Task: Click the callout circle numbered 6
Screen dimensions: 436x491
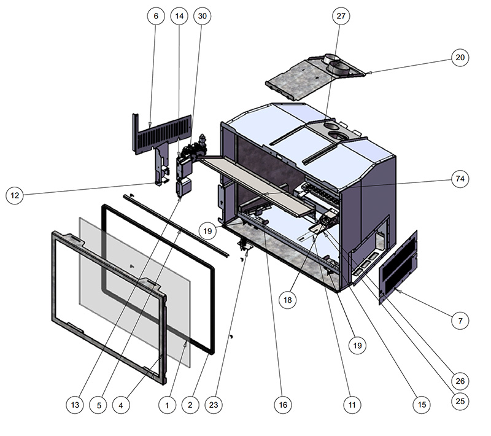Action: [157, 17]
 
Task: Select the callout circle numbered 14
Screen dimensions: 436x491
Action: [179, 17]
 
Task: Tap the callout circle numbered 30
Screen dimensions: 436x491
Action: [201, 17]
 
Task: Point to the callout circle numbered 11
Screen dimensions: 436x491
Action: [352, 405]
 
